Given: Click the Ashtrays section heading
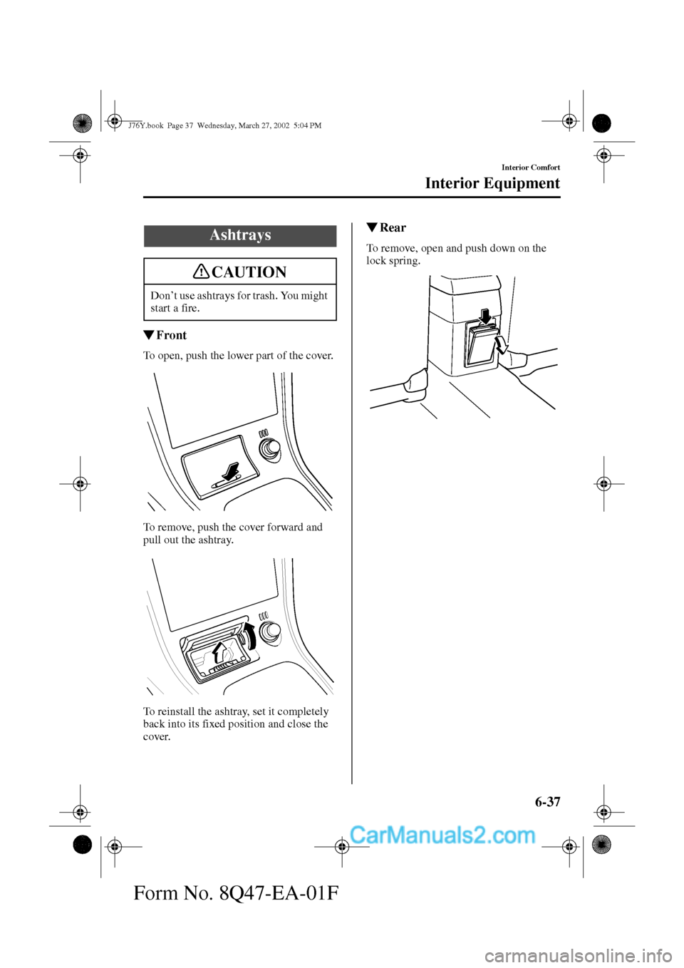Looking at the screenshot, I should click(240, 235).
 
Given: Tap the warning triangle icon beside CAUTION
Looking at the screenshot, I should click(202, 272).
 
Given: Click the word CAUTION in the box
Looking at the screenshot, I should click(249, 272).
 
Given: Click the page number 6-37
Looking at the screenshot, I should click(547, 802).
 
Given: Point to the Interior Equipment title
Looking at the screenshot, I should click(492, 183).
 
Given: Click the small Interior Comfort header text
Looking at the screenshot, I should click(530, 168).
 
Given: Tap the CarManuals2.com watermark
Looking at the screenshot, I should click(442, 835).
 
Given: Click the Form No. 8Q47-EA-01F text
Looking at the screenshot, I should click(236, 892).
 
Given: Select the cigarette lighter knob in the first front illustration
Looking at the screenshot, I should click(270, 450).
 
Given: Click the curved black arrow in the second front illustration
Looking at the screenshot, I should click(249, 634).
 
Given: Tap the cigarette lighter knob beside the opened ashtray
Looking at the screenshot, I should click(269, 632).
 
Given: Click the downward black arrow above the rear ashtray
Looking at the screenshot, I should click(485, 314).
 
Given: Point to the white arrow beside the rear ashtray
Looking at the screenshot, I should click(502, 345).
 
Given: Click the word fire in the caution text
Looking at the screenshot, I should click(190, 308).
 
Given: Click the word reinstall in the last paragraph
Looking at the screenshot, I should click(178, 711).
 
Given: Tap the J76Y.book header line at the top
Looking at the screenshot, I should click(224, 125).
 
